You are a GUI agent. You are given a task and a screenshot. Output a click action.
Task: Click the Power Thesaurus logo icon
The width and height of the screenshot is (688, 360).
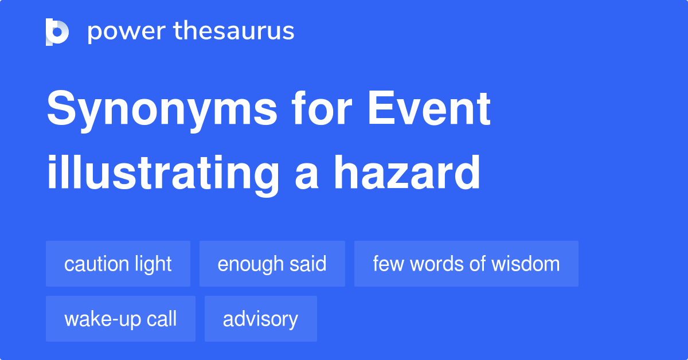(x=57, y=32)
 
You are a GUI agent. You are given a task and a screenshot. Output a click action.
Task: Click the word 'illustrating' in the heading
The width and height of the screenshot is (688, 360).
(x=162, y=173)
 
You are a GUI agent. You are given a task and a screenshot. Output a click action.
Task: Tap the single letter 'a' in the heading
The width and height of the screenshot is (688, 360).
(x=306, y=175)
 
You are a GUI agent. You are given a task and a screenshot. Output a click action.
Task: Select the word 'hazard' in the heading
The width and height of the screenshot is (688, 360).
(x=407, y=173)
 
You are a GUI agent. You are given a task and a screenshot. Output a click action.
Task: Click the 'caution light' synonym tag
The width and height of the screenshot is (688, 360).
(x=118, y=264)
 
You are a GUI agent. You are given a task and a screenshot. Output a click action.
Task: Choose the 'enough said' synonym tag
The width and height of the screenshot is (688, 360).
(x=272, y=264)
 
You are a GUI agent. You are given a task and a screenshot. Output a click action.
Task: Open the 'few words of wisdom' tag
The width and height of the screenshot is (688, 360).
(x=466, y=264)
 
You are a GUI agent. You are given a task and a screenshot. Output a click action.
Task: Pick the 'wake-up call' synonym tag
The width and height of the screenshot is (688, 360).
(x=120, y=319)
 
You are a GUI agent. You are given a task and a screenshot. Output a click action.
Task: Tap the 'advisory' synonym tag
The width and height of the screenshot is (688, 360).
(x=260, y=319)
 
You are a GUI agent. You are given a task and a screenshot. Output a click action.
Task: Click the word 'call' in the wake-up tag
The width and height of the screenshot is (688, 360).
(x=162, y=319)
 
